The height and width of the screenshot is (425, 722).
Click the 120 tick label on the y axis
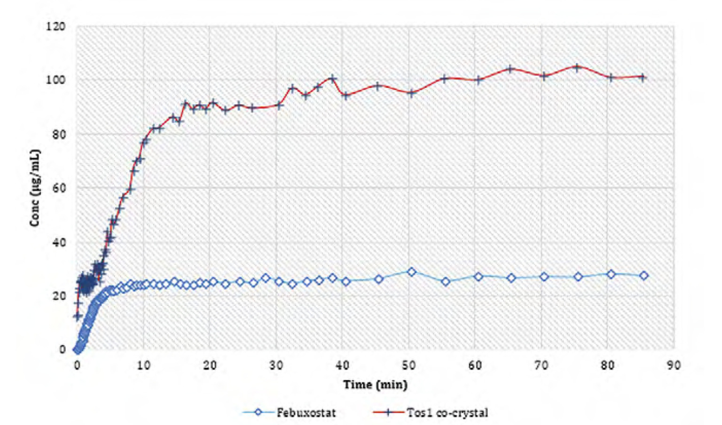[x=56, y=27]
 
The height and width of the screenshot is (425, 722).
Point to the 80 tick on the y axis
[x=59, y=134]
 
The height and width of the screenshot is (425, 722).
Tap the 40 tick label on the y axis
[x=59, y=242]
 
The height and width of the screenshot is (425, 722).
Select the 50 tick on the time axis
[x=408, y=365]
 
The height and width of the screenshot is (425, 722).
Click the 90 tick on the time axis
[x=674, y=365]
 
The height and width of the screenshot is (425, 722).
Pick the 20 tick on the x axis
[x=210, y=365]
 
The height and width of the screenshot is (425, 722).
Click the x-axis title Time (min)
[x=375, y=385]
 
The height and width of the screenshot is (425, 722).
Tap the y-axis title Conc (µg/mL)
[x=35, y=188]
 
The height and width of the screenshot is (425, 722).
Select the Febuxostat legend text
[x=306, y=413]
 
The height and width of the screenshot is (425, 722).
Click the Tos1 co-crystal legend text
[x=447, y=413]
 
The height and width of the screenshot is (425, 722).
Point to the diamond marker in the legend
[x=258, y=413]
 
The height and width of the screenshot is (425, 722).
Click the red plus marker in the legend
[x=388, y=413]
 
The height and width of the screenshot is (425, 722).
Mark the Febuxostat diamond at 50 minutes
[x=411, y=272]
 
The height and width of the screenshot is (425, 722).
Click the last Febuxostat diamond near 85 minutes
[x=644, y=276]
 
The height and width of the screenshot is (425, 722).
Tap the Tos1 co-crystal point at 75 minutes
[x=577, y=68]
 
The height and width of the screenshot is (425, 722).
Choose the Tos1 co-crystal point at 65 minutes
[x=510, y=70]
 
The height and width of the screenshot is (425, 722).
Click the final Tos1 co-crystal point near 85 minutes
[x=644, y=77]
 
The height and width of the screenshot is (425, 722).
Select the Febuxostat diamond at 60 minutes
[x=478, y=277]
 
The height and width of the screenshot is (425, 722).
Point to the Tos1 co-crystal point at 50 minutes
[x=411, y=93]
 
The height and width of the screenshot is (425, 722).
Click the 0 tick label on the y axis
[x=62, y=350]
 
